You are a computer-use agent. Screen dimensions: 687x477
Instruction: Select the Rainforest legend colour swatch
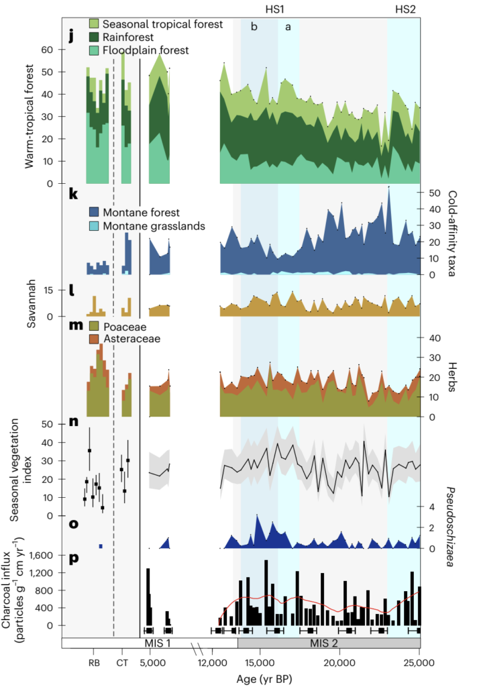(94, 37)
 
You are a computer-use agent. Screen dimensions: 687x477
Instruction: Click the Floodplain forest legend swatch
(94, 50)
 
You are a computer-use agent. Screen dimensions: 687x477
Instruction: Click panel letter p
(71, 556)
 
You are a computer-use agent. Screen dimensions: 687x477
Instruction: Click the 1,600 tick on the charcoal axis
(48, 556)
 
